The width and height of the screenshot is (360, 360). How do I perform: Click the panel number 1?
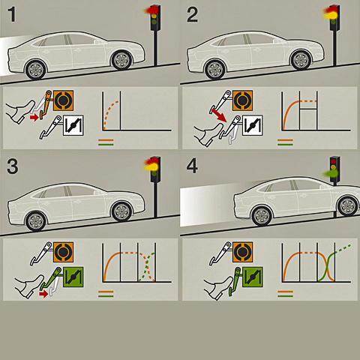coord(12,14)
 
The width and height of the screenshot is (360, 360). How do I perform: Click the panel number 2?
coord(192,15)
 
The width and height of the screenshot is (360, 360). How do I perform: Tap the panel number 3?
coord(13,166)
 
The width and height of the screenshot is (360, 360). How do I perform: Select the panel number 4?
coord(192,166)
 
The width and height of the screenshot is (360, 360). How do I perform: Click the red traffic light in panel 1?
coord(151,10)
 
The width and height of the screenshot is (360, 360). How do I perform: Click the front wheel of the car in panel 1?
coord(121,60)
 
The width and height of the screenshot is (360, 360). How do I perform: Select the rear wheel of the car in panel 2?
coord(214,69)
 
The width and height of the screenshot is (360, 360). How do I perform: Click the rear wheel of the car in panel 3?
coord(36,221)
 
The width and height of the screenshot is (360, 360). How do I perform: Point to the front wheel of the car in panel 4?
coord(348,206)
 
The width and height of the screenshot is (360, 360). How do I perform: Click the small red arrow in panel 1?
coord(34,117)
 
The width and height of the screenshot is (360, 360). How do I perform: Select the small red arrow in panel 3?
coord(43,294)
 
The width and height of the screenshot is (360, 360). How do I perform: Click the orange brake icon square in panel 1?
coord(64,100)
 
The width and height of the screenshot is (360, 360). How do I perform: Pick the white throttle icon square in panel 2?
coord(253,125)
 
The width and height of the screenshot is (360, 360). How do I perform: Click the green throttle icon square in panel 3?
coord(73,277)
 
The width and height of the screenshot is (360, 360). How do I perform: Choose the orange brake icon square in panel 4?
coord(242,252)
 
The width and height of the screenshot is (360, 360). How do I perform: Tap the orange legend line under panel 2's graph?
coord(285,140)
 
